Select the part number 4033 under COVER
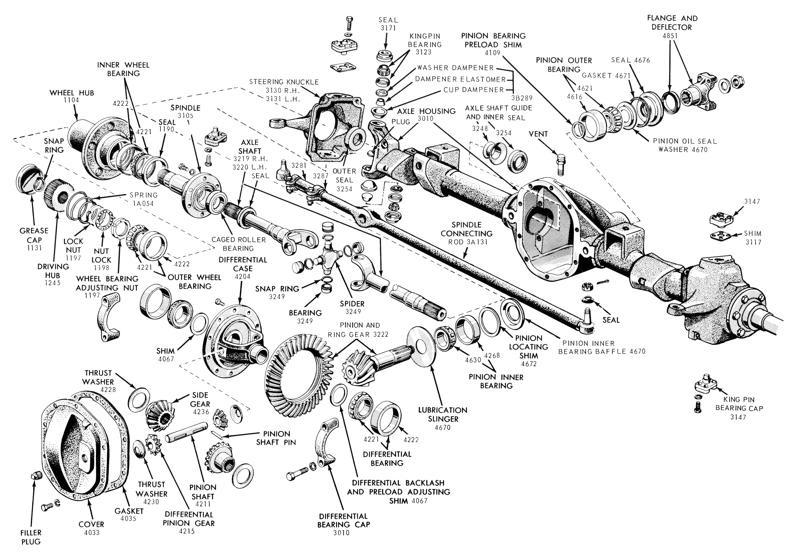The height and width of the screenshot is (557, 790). click(x=91, y=532)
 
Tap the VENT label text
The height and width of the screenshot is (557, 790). click(x=538, y=134)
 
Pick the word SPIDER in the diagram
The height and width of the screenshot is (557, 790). click(x=352, y=304)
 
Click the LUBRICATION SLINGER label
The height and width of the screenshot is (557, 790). click(x=443, y=414)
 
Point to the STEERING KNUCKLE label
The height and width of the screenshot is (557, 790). click(x=284, y=82)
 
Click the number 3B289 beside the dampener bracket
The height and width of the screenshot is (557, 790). click(x=522, y=98)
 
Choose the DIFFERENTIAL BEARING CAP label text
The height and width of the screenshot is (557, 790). click(x=343, y=520)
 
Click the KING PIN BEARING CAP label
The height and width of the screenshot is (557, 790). click(x=739, y=404)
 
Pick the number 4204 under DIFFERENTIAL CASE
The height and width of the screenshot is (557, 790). click(x=243, y=277)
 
